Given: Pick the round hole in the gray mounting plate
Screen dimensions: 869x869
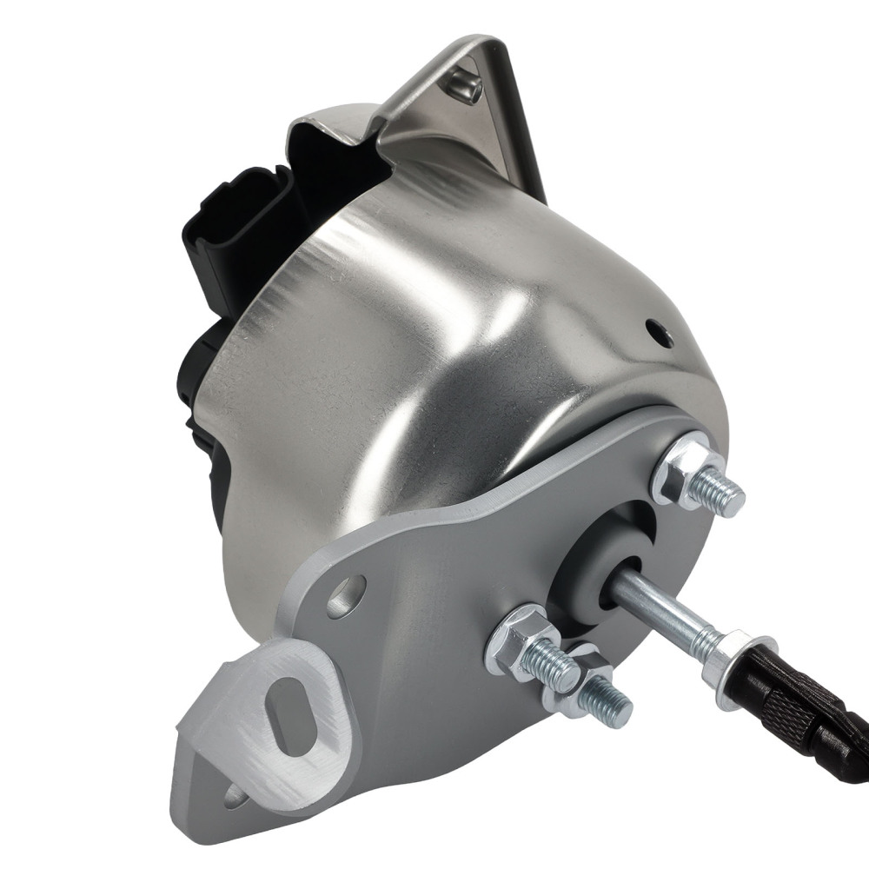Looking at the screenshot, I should [x=347, y=596].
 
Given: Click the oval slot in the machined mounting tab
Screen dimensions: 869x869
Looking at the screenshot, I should [x=287, y=715].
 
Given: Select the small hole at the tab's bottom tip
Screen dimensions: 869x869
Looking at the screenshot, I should [x=233, y=794].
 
